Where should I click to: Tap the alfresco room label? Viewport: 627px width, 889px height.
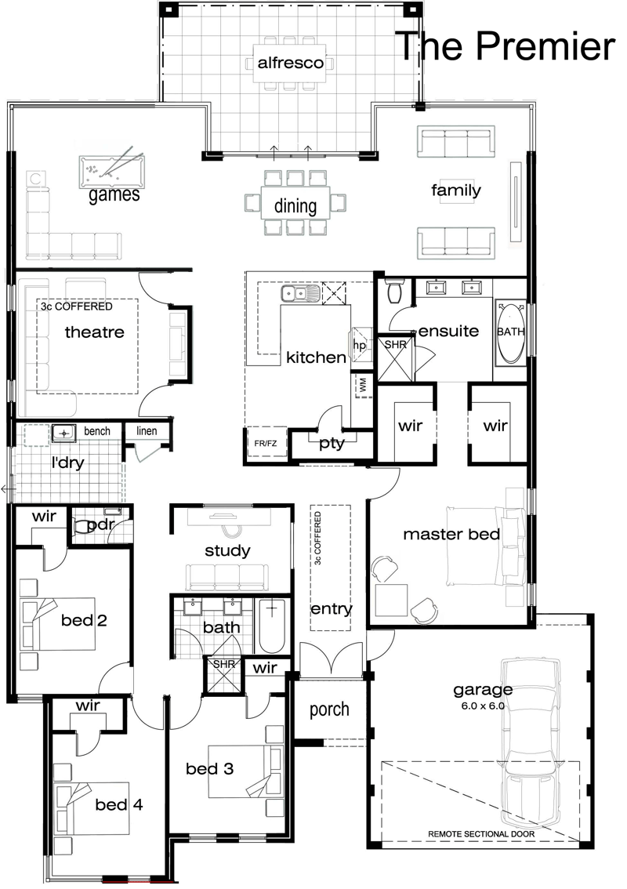(x=290, y=63)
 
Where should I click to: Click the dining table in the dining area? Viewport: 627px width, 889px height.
(x=295, y=202)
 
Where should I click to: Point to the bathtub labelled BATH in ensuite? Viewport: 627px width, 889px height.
(x=510, y=332)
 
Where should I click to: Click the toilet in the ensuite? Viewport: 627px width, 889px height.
(x=394, y=292)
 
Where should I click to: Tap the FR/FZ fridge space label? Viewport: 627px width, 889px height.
(x=266, y=443)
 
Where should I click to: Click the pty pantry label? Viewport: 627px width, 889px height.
(x=332, y=444)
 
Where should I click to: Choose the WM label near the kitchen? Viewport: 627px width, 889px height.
(x=363, y=385)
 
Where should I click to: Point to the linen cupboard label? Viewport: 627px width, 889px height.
(x=147, y=430)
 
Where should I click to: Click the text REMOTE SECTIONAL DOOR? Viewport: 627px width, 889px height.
(x=480, y=834)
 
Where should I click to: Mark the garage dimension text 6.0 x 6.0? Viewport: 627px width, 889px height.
(x=482, y=706)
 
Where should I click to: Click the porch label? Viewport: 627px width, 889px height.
(x=329, y=709)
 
